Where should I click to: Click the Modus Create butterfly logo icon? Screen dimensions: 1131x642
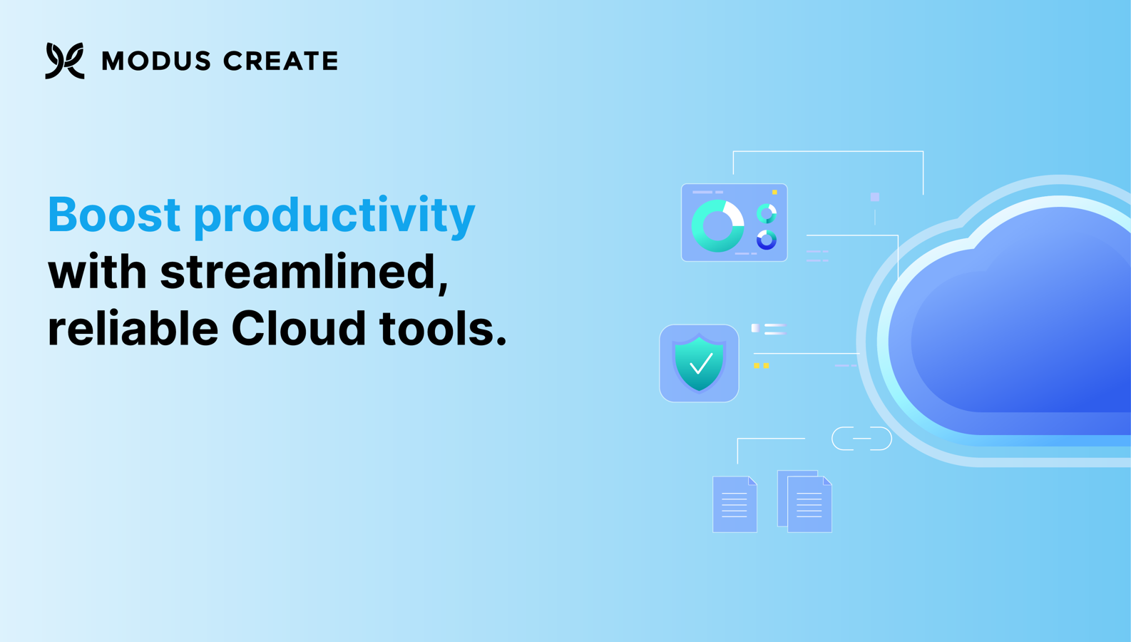(x=65, y=61)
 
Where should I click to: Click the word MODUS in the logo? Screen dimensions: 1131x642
(x=156, y=61)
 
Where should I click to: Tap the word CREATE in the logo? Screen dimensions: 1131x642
(x=280, y=61)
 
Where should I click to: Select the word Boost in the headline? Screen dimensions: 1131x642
(x=114, y=215)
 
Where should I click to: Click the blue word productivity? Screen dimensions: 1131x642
(x=334, y=217)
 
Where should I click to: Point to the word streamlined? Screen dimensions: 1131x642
(x=304, y=272)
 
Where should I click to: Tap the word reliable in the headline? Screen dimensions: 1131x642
(x=133, y=328)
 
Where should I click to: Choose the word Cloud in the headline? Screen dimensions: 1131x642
(x=298, y=328)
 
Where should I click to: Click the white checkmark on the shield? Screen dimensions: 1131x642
(x=701, y=362)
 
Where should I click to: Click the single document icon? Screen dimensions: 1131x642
(x=735, y=504)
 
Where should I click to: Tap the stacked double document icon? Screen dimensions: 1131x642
(x=805, y=501)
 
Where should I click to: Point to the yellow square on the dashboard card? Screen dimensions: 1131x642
(x=774, y=193)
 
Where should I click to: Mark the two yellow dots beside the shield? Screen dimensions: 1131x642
(x=762, y=366)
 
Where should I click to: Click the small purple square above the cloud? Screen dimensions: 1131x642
(x=875, y=197)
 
